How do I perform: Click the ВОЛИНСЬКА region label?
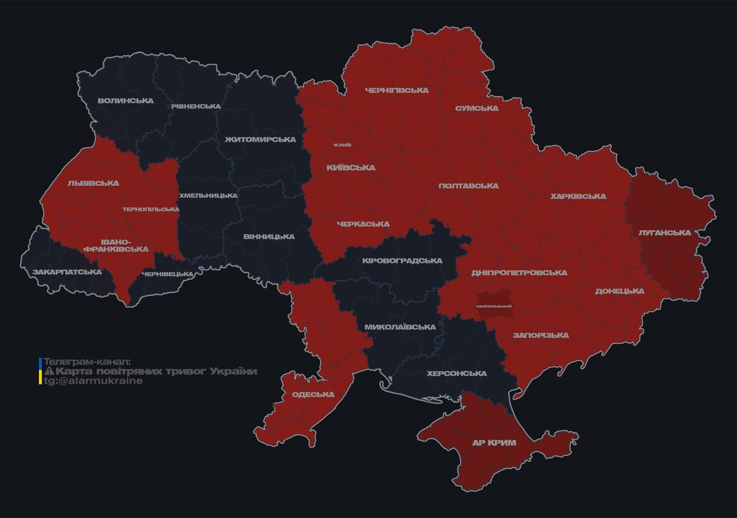(x=125, y=100)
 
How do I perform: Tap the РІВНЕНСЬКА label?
(x=195, y=106)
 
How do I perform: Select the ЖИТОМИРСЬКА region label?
(x=260, y=139)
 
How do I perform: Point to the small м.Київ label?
(x=342, y=144)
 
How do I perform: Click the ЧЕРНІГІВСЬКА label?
(x=397, y=90)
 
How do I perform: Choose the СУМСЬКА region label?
(x=476, y=108)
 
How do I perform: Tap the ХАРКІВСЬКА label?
(x=577, y=196)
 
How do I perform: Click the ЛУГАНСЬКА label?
(x=664, y=232)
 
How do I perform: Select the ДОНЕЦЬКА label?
(x=619, y=291)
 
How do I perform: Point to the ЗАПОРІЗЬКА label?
(x=540, y=335)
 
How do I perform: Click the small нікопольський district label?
(x=494, y=306)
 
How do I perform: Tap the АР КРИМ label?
(x=493, y=442)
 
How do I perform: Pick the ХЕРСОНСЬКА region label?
(x=457, y=373)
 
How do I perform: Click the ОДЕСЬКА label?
(x=313, y=395)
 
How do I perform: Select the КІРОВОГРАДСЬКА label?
(x=402, y=260)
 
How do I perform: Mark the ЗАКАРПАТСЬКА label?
(x=67, y=272)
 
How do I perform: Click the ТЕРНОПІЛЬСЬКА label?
(x=151, y=209)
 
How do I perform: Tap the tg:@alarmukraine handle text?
(x=93, y=380)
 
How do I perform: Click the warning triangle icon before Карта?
(x=49, y=372)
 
